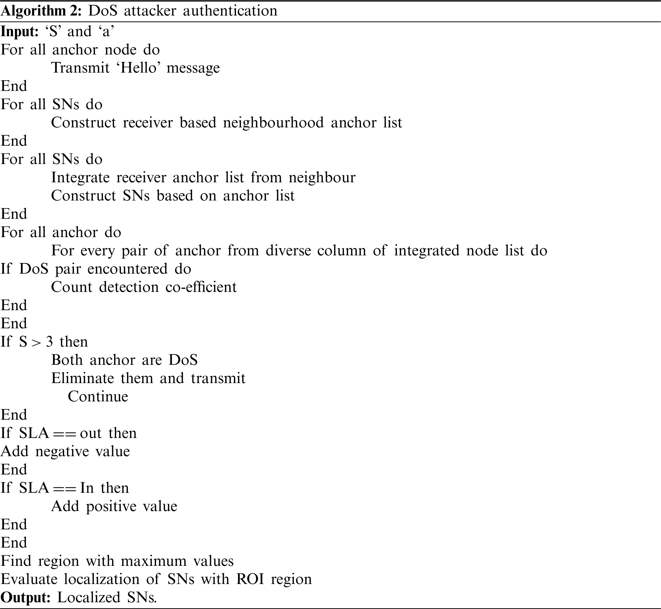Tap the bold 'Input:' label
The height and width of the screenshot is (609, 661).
(x=20, y=31)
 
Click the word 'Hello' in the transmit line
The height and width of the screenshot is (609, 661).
(x=138, y=68)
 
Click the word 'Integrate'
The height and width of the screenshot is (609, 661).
(x=80, y=177)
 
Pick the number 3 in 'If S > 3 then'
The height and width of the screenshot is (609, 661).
(x=49, y=342)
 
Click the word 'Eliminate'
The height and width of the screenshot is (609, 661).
(x=82, y=378)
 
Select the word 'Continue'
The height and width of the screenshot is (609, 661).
(x=98, y=397)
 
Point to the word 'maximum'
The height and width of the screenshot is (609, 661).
(x=154, y=561)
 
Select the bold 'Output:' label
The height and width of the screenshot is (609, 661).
(x=26, y=597)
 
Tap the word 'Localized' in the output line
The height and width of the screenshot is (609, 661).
(x=88, y=597)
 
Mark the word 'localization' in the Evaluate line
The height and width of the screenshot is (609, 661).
(x=102, y=579)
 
